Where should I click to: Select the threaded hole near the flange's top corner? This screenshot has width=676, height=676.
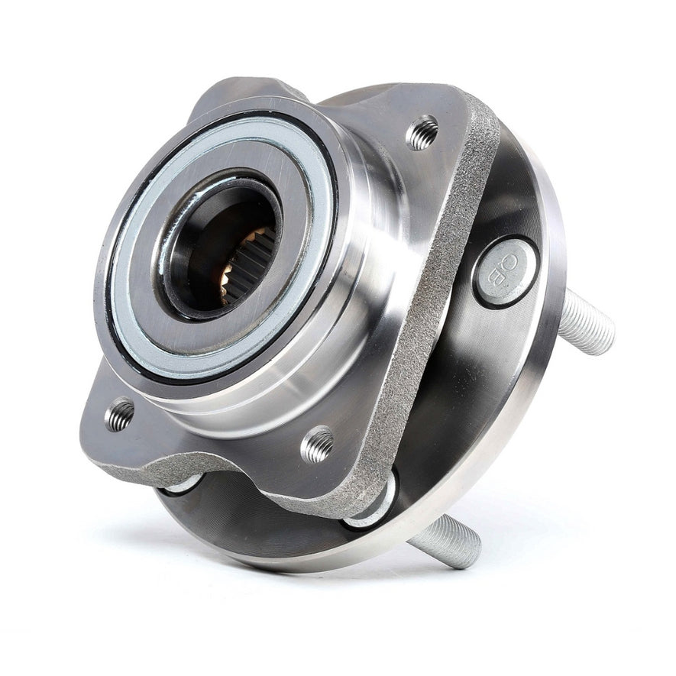pyautogui.click(x=422, y=133)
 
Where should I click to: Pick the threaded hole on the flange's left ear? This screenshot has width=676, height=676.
pyautogui.click(x=120, y=415)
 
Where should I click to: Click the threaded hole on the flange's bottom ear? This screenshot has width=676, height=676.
pyautogui.click(x=318, y=445)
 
